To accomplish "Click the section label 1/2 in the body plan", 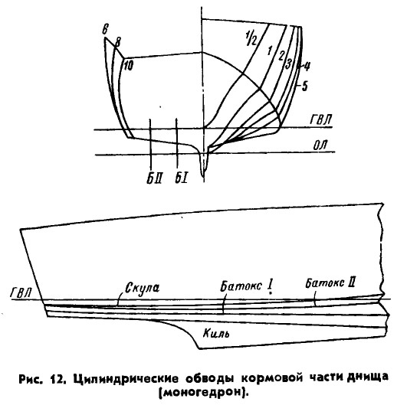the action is pos(251,38).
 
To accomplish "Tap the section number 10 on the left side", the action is pos(128,66).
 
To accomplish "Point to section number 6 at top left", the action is pos(105,29).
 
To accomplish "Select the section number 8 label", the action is pos(117,42).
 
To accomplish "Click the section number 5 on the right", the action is pos(305,86).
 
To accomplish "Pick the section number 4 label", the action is pos(307,67).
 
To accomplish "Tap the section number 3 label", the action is pos(288,64).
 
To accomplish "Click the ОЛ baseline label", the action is pos(321,145).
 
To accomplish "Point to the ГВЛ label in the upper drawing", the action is pos(321,119).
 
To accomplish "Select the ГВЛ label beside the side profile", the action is pos(21,293).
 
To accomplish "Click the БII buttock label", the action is pos(155,178).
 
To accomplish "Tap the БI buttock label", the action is pos(182,178).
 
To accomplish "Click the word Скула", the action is pos(143,289).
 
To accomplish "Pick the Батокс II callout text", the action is pos(330,283).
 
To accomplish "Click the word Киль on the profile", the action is pos(216,333).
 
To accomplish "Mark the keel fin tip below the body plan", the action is pos(204,177).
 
